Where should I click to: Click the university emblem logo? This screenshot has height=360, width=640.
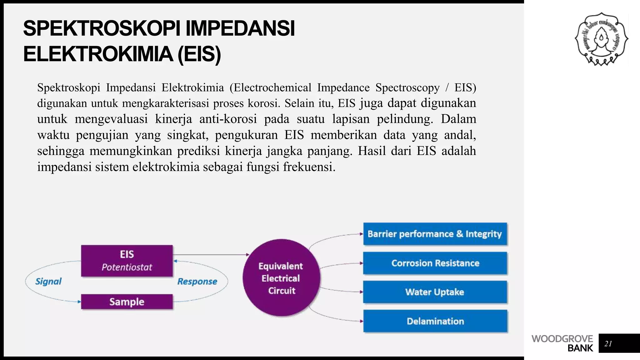pos(601,39)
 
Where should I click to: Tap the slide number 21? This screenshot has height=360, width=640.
pos(608,343)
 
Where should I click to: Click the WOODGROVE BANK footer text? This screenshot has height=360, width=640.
pos(562,343)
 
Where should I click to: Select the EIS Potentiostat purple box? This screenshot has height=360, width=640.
pos(127,261)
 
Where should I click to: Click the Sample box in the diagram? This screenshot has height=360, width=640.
pos(127,302)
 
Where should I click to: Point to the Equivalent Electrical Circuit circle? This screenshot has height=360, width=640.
pos(281,278)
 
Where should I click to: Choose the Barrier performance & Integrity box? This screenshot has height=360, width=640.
pos(435,234)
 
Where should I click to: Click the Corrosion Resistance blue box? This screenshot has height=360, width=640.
pos(435,263)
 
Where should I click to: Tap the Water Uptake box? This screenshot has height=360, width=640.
pos(435,292)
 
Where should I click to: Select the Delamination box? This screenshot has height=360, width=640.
pos(435,321)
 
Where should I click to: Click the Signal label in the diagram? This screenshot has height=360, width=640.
pos(48,281)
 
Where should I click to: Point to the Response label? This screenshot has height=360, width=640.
pos(197,281)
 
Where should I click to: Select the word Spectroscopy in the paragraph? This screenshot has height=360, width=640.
pos(407,87)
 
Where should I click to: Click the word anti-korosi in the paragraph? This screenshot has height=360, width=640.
pos(228,119)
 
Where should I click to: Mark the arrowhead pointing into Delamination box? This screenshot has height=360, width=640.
pos(361,321)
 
